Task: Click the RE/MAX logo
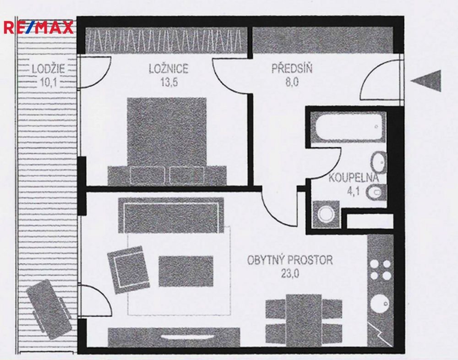38,27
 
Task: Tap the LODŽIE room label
48,69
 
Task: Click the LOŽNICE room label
169,69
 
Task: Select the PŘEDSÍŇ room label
292,68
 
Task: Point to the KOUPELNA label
354,178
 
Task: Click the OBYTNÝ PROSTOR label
290,260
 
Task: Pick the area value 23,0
290,274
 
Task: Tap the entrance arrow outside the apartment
426,81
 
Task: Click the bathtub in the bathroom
348,127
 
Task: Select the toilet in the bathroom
376,193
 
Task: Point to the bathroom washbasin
379,162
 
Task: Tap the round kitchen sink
380,304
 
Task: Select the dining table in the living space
304,321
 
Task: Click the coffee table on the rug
186,271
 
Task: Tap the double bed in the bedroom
167,142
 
